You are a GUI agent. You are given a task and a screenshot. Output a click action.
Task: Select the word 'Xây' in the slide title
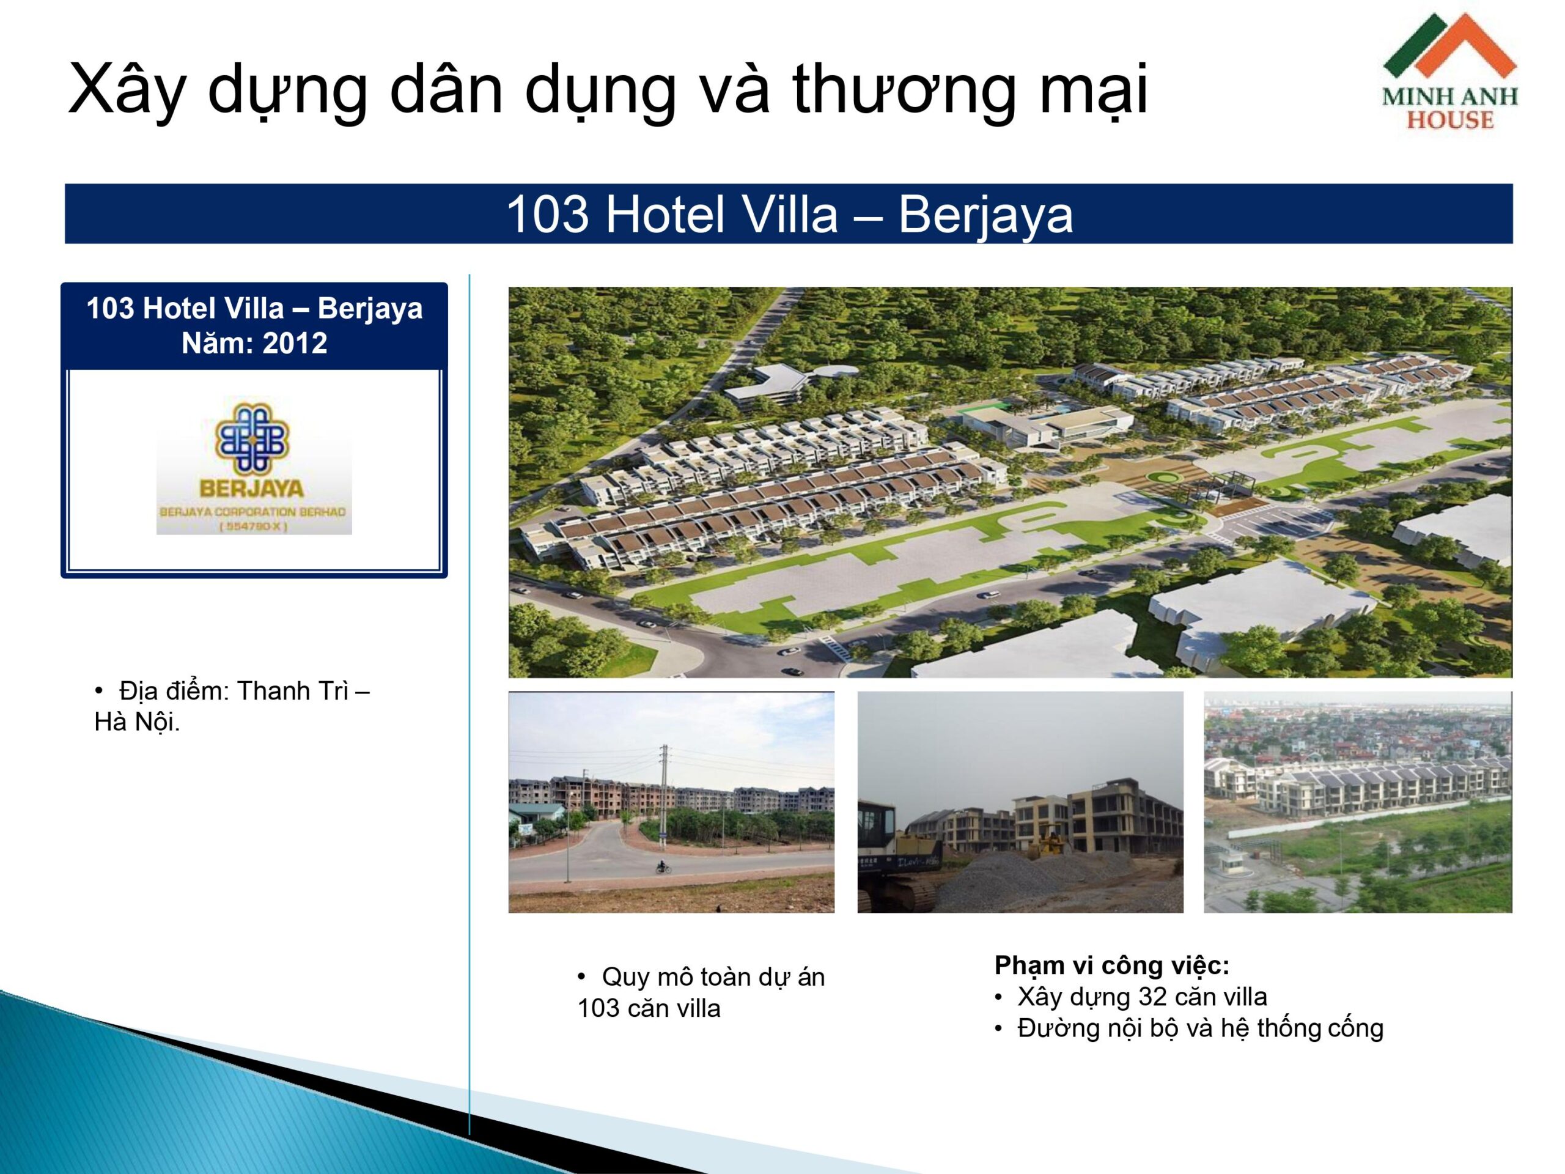tap(127, 90)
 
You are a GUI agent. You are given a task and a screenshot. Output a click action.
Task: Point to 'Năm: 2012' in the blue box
tap(254, 343)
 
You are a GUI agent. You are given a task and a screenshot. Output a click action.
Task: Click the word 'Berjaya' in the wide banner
tap(985, 215)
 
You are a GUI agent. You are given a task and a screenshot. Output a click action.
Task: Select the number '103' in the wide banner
tap(548, 214)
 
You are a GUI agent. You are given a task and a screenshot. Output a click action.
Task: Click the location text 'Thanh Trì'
tap(292, 691)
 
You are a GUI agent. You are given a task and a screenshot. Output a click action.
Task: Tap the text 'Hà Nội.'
tap(138, 723)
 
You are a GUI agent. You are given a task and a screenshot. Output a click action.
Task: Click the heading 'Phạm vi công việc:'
tap(1112, 965)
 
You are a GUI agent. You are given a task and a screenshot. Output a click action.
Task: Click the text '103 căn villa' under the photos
tap(649, 1008)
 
